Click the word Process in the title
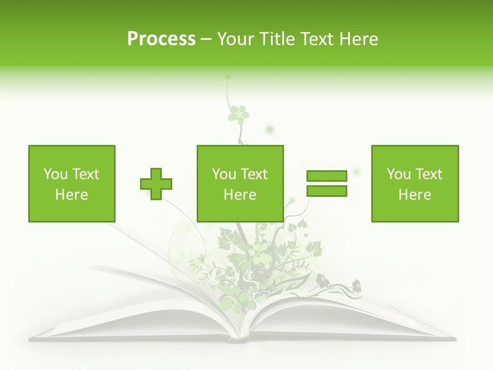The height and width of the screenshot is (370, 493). coord(161,39)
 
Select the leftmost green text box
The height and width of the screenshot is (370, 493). coord(72,183)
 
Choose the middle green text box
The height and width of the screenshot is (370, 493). coord(240,183)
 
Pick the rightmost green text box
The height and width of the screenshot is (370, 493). coord(414,183)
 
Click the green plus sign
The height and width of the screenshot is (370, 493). coord(156,184)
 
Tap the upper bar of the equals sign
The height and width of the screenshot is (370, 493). coord(327,176)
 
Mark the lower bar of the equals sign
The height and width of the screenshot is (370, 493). coord(327,191)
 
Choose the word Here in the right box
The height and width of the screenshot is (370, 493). coord(414,195)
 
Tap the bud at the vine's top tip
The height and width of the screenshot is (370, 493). coord(227,77)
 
